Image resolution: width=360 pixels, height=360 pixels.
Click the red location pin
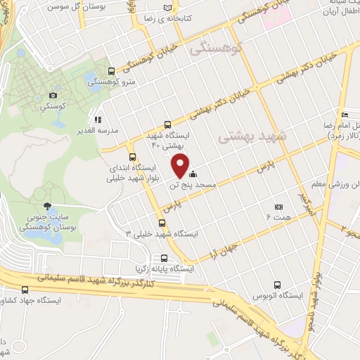181,166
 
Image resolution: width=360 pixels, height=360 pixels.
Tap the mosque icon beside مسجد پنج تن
193,174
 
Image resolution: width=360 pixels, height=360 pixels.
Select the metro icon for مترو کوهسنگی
112,70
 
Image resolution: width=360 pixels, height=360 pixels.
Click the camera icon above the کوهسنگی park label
53,95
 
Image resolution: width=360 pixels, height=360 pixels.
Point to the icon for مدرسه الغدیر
98,120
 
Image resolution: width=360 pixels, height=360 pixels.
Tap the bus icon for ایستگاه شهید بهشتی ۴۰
167,124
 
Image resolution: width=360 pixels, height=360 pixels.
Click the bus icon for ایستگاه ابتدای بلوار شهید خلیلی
132,157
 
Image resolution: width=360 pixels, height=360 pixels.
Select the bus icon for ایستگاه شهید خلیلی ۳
163,223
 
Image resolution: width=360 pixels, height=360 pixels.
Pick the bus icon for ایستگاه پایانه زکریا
164,257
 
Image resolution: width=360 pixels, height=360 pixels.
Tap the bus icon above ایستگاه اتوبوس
278,285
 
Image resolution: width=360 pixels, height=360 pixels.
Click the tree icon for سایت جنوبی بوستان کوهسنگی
47,206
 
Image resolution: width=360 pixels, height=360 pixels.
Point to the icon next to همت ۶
278,207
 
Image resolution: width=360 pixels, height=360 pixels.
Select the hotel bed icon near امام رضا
345,115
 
